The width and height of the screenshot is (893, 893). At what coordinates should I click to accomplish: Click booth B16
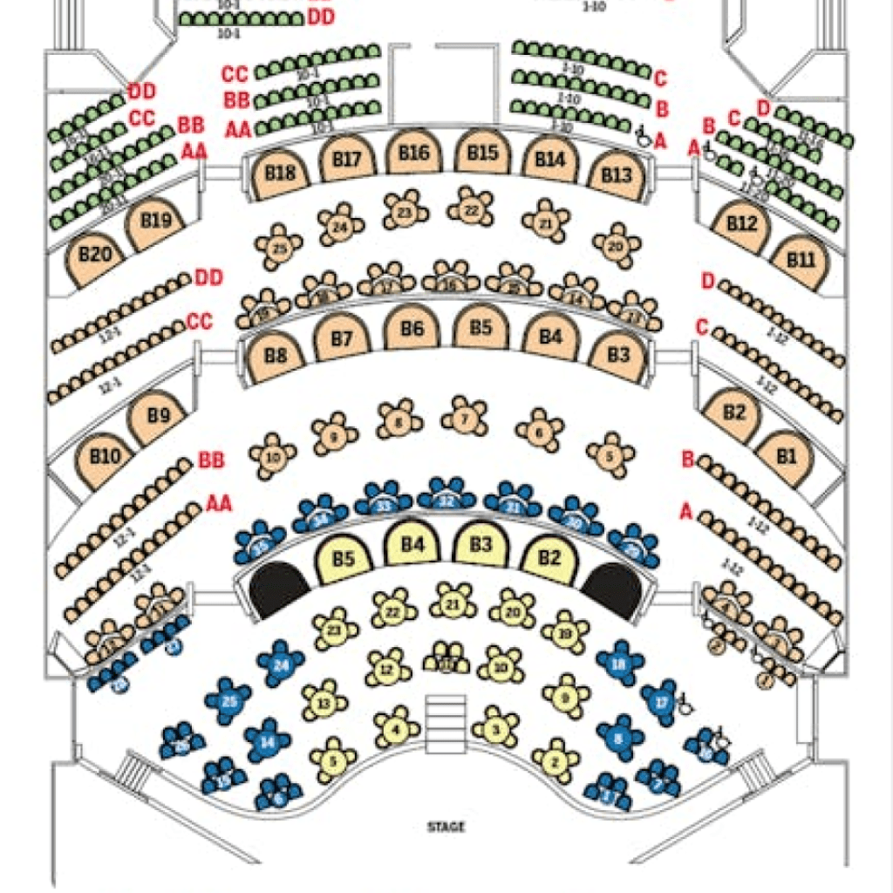coord(414,154)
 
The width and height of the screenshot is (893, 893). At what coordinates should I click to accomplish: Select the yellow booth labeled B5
coord(344,559)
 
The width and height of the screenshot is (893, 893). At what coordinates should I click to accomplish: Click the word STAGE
coord(446,827)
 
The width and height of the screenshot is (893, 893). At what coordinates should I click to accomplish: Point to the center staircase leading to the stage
coord(446,723)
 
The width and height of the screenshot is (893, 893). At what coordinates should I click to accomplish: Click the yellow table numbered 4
coord(397,726)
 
